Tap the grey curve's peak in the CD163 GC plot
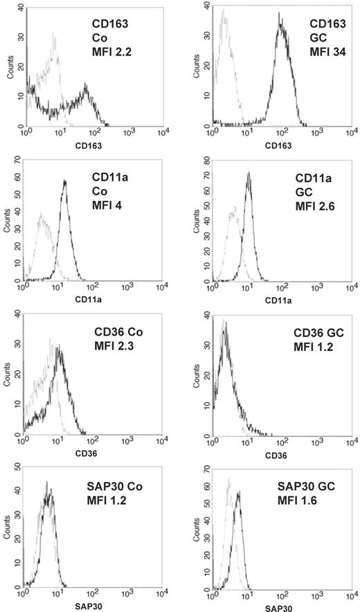coord(223,10)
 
